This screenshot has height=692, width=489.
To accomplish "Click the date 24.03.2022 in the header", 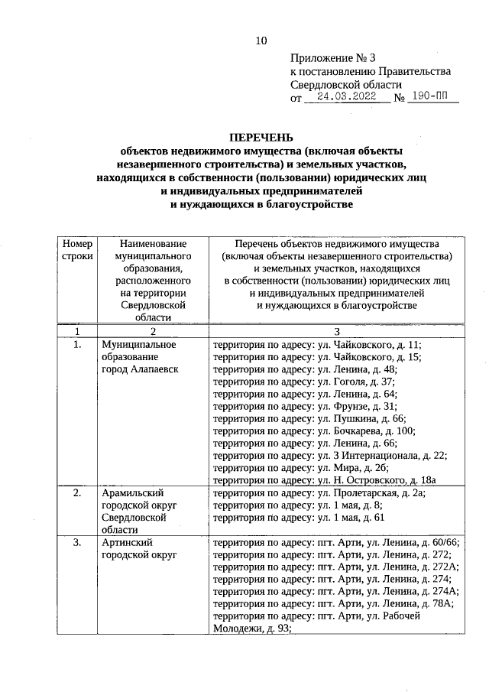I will coord(336,98).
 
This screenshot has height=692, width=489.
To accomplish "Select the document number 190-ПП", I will coord(432,98).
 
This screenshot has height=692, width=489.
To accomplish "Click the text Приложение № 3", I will coord(333,57).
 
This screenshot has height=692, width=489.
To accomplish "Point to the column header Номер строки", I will coord(76,249).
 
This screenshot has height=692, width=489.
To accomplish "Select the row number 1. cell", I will coord(76,345).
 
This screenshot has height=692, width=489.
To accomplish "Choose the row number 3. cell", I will coord(76,543).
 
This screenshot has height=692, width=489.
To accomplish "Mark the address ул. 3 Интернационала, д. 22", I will coord(329,456).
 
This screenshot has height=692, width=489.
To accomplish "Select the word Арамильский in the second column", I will coord(133,493).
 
